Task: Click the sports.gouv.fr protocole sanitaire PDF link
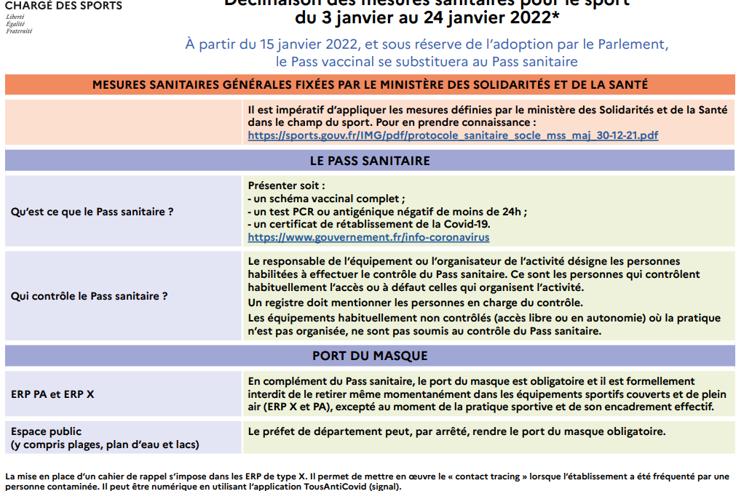pos(453,135)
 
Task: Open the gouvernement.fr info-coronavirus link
pos(368,237)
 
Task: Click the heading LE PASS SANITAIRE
pos(370,160)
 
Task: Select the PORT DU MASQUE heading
pos(370,356)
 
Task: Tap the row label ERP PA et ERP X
pos(52,394)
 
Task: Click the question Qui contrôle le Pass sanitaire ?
pos(90,296)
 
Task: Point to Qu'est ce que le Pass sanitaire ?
pos(92,212)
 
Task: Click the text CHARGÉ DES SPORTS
pos(63,6)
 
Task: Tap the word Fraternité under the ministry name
pos(19,31)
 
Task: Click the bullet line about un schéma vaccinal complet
pos(326,199)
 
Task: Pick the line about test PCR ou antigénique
pos(387,212)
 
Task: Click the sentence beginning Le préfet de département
pos(456,431)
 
